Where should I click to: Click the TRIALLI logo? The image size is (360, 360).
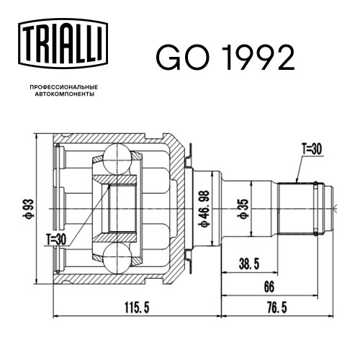pos(63,43)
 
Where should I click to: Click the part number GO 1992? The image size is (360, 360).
pos(225,58)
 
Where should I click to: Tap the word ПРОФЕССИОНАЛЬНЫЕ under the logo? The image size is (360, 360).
pos(64,87)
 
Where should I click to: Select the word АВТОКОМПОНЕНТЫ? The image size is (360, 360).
pos(65,94)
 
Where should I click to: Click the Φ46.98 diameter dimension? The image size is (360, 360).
pos(204,208)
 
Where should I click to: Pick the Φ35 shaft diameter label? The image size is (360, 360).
pos(243,209)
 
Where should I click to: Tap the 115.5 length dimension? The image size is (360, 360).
pos(137,307)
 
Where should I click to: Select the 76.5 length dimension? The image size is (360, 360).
pos(277,307)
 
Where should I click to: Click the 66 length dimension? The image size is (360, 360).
pos(269,287)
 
